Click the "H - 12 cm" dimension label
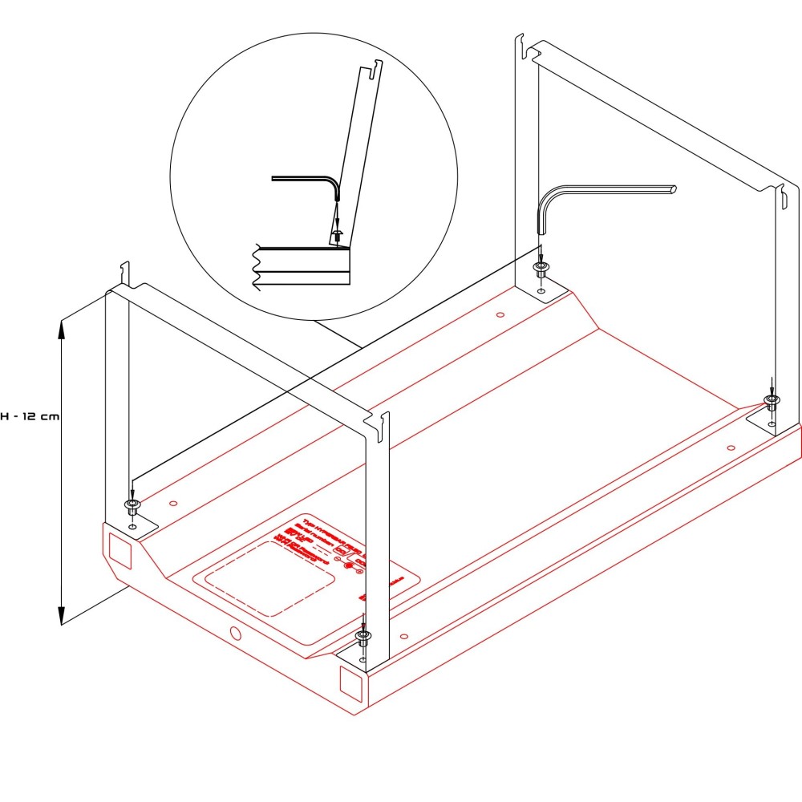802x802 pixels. point(29,417)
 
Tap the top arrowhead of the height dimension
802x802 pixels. point(61,325)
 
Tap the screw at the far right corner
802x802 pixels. point(772,400)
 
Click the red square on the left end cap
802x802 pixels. point(118,549)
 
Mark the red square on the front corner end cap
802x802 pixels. point(351,682)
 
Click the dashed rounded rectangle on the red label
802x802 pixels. point(269,577)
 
